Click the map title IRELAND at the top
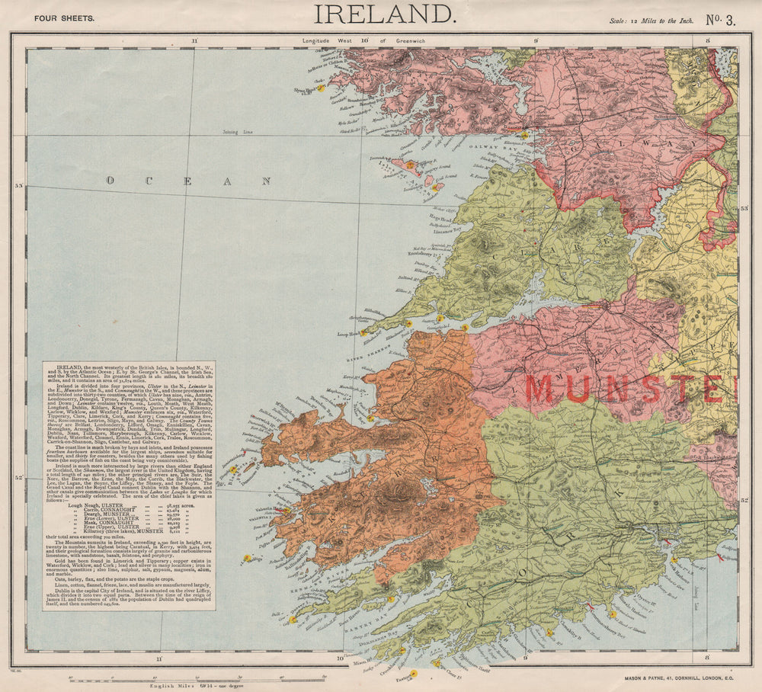click(384, 14)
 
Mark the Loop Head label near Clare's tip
click(347, 334)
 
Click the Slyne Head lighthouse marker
click(321, 88)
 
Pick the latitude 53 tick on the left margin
click(19, 185)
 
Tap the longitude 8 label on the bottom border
click(708, 656)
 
